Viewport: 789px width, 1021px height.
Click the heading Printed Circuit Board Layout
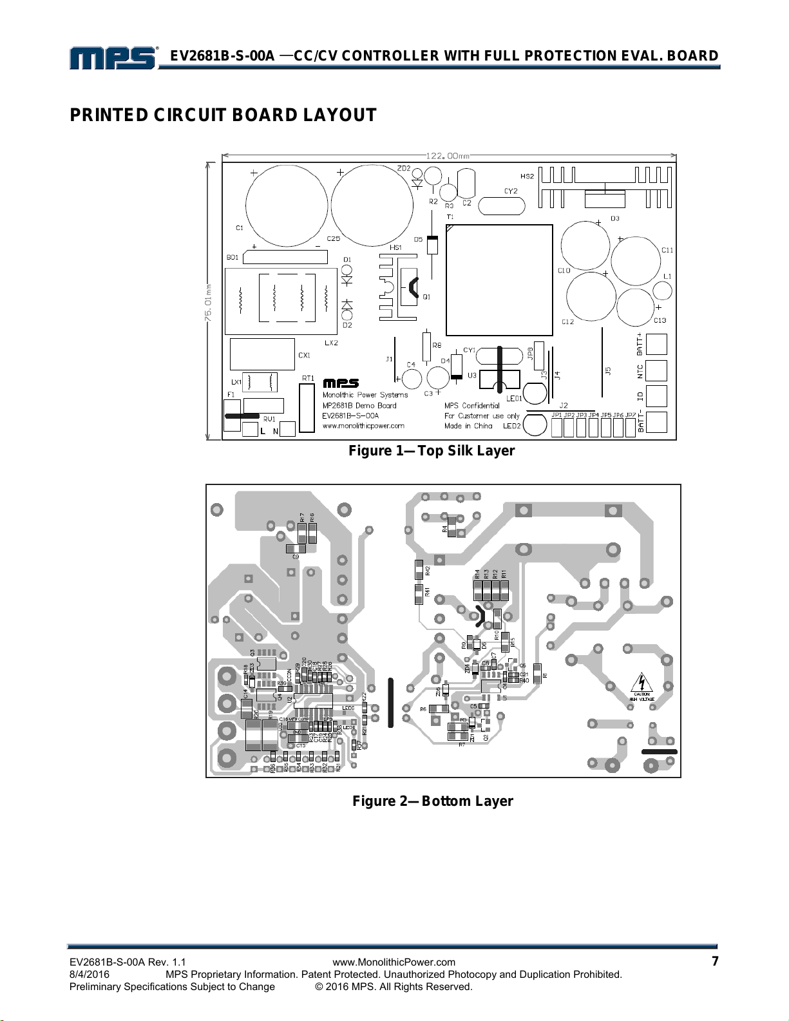tap(223, 115)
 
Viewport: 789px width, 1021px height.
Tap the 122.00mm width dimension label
tap(448, 155)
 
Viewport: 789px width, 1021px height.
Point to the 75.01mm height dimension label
tap(208, 301)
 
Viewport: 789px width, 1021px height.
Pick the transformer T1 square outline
tap(499, 280)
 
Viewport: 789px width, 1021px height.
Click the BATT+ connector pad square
tap(656, 345)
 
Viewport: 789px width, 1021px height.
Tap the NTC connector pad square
tap(656, 370)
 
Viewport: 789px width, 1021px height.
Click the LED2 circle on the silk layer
tap(533, 425)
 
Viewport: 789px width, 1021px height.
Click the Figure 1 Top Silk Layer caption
tap(432, 451)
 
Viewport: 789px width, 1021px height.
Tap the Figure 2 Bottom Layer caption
tap(432, 801)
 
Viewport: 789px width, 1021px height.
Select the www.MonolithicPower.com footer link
tap(394, 962)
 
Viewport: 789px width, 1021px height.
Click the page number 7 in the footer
tap(714, 962)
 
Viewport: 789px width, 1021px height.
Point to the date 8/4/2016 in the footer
tap(89, 974)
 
